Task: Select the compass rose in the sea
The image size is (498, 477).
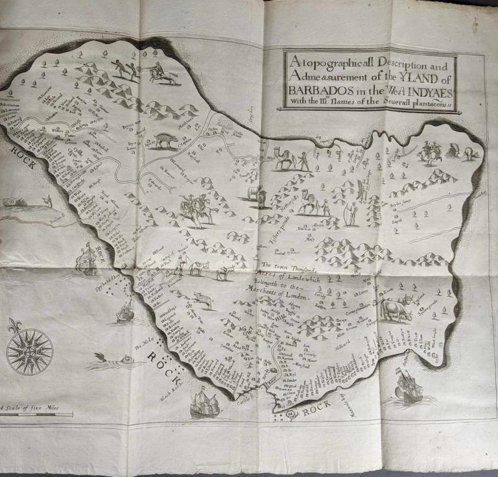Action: point(29,351)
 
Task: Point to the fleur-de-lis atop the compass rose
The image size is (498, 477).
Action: point(16,324)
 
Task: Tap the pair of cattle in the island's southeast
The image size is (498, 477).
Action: point(397,308)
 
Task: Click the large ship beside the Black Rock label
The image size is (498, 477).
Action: point(206,404)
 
